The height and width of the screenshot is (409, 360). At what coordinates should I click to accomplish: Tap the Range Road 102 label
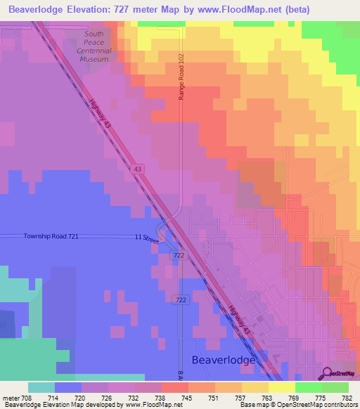[181, 76]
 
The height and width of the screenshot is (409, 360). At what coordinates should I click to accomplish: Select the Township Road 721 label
[50, 237]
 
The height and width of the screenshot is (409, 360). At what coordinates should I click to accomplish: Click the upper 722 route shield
[179, 256]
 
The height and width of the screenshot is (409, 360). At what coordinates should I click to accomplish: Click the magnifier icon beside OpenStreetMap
[327, 373]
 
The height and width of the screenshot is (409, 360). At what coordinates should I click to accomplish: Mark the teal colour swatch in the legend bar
[41, 387]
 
